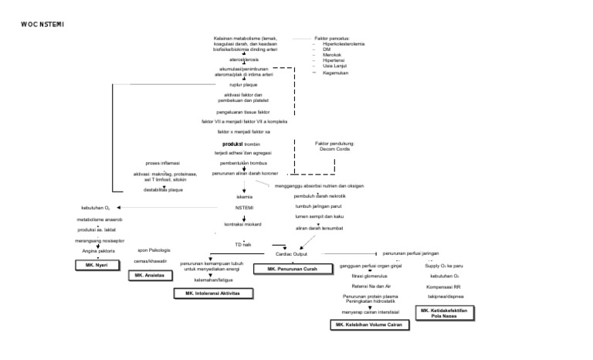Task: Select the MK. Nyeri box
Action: [x=95, y=264]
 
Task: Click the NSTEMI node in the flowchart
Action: [x=244, y=208]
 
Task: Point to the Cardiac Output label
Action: [x=291, y=253]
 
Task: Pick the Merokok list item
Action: [x=333, y=55]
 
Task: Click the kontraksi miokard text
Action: [x=244, y=223]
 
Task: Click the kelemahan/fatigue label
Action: [x=211, y=280]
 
